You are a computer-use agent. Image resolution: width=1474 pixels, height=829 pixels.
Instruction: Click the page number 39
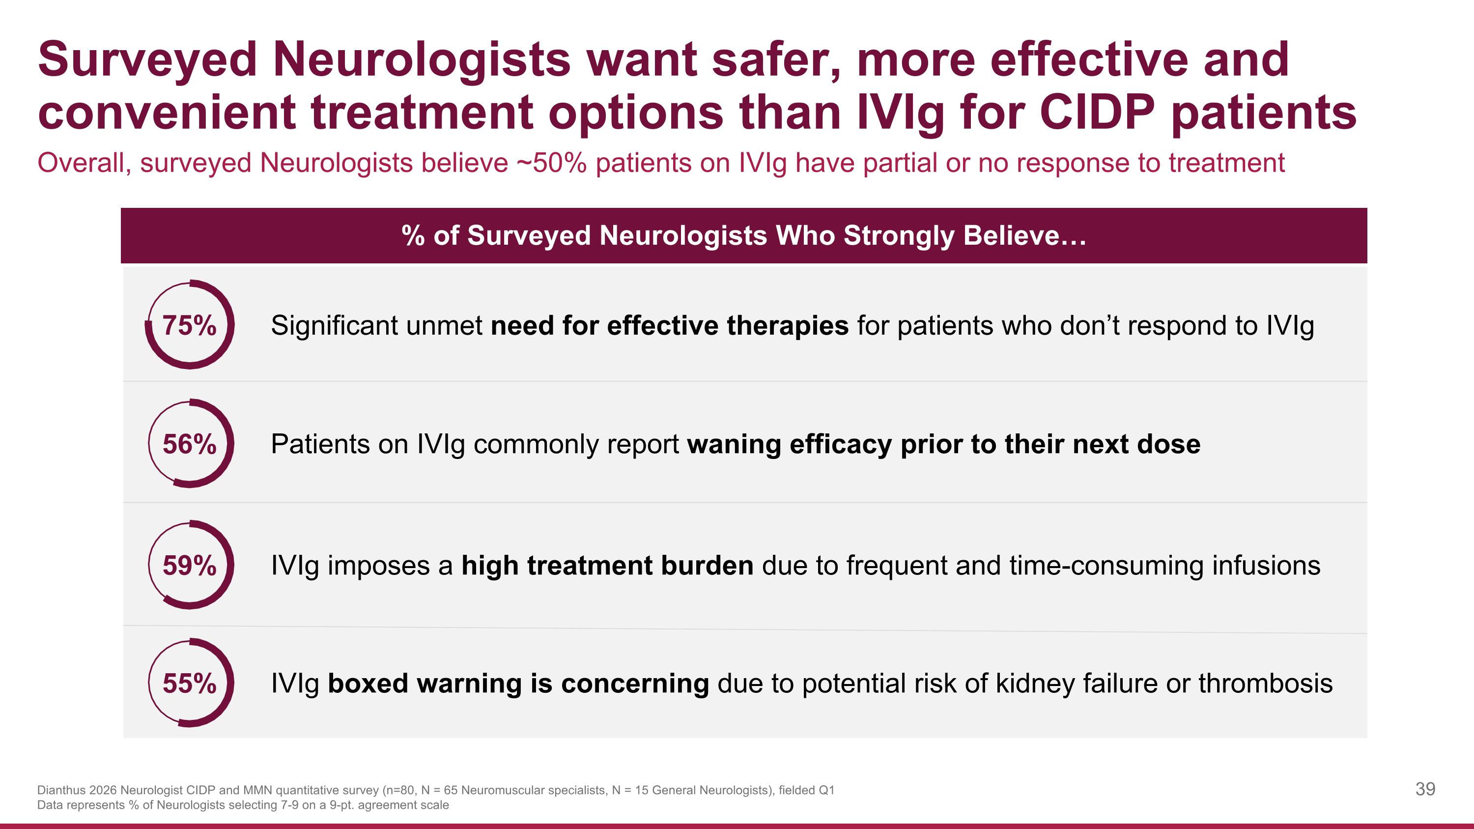click(x=1425, y=789)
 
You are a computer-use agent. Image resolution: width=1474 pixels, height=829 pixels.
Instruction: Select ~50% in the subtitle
click(x=552, y=163)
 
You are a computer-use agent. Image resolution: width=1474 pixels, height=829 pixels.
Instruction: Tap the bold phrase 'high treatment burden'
click(x=607, y=565)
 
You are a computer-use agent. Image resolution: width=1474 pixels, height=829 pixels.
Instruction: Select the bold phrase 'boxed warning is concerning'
click(x=518, y=683)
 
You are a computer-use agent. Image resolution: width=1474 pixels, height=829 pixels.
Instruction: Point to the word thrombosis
click(x=1265, y=683)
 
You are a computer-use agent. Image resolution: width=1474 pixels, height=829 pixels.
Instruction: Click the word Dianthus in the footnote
click(x=61, y=790)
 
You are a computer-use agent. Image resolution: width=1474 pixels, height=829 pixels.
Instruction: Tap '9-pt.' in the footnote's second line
click(x=341, y=805)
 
